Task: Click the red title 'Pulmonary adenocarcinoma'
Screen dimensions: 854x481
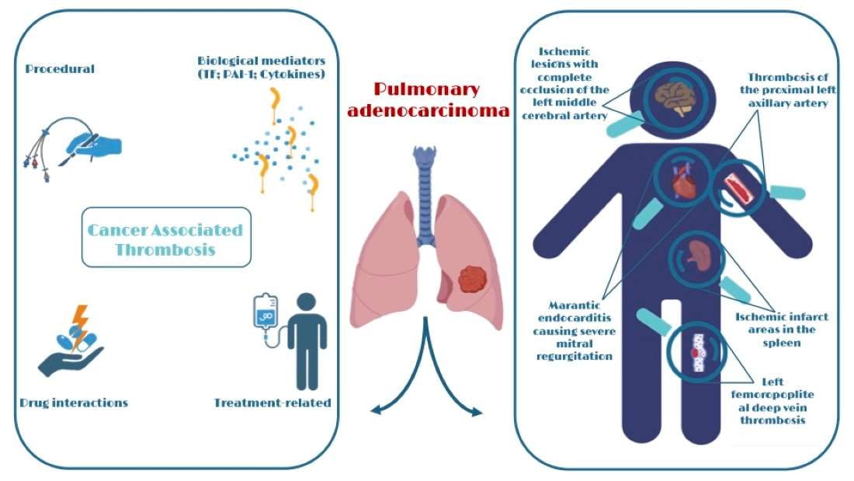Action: click(x=428, y=99)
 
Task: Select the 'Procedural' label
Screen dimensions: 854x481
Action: click(x=60, y=69)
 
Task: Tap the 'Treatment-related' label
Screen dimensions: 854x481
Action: click(x=272, y=403)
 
